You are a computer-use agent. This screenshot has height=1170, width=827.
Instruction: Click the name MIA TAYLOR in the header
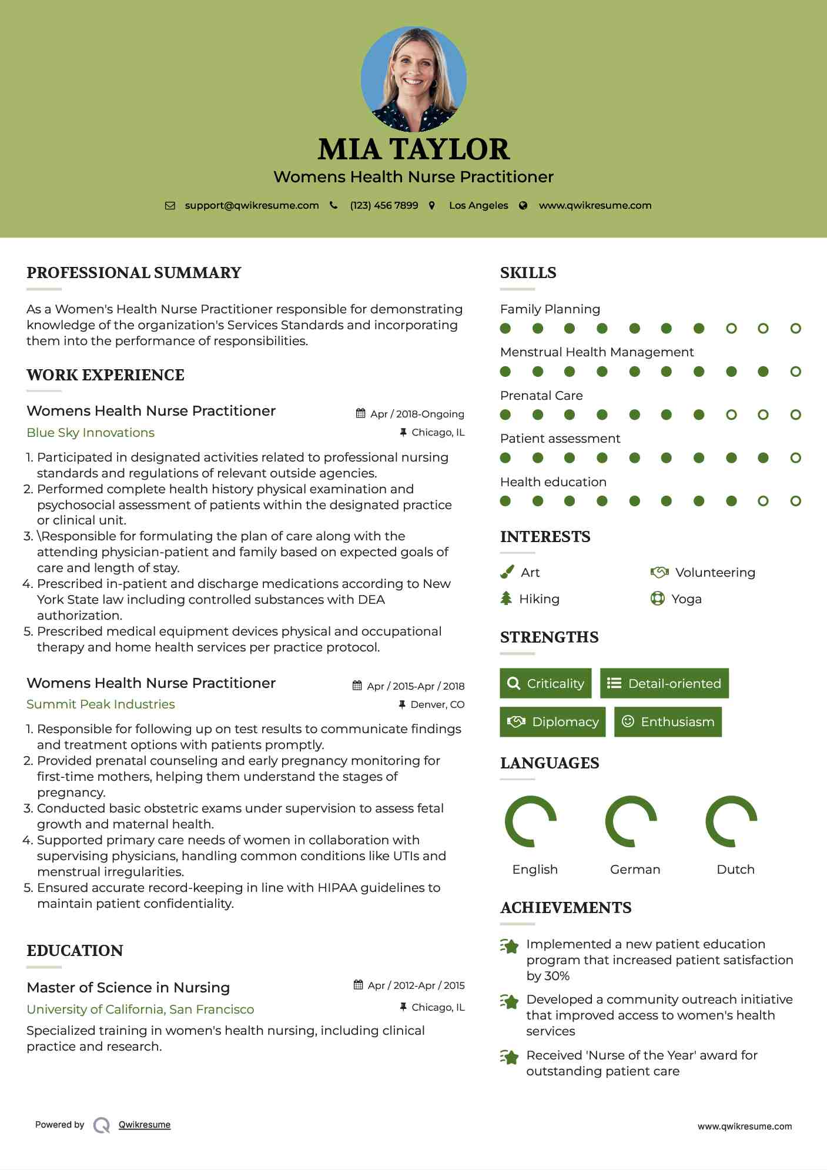[x=413, y=149]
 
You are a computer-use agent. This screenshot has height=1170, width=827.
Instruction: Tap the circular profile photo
[x=414, y=79]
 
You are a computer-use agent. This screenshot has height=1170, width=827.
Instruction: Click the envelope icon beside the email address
[x=170, y=206]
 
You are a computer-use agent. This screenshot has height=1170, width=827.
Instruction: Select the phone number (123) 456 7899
[x=384, y=206]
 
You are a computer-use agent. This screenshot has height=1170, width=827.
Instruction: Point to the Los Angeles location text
[x=478, y=206]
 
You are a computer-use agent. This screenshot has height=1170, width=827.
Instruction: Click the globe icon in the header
[x=523, y=206]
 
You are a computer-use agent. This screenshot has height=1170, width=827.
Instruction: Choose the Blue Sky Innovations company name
[x=91, y=433]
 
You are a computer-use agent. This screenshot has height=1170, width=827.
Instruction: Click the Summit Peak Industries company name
[x=101, y=704]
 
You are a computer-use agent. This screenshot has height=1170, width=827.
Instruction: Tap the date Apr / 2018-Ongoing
[x=417, y=414]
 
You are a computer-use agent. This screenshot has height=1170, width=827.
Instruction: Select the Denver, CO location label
[x=437, y=704]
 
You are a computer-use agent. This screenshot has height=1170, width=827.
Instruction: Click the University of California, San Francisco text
[x=140, y=1009]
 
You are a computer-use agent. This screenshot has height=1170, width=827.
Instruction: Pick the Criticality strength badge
[x=545, y=683]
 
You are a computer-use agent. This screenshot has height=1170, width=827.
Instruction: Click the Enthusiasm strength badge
[x=668, y=722]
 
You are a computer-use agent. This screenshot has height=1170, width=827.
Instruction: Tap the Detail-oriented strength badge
[x=664, y=683]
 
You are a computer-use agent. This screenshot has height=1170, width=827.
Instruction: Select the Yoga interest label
[x=687, y=599]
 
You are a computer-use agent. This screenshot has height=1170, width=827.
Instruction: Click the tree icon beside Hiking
[x=506, y=599]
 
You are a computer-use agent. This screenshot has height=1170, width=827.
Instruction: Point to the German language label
[x=635, y=870]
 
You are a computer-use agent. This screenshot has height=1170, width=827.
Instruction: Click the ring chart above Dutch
[x=731, y=821]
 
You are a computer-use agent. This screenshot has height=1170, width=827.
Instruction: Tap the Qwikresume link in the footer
[x=145, y=1125]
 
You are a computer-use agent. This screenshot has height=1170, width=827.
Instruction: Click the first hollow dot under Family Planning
[x=731, y=329]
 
